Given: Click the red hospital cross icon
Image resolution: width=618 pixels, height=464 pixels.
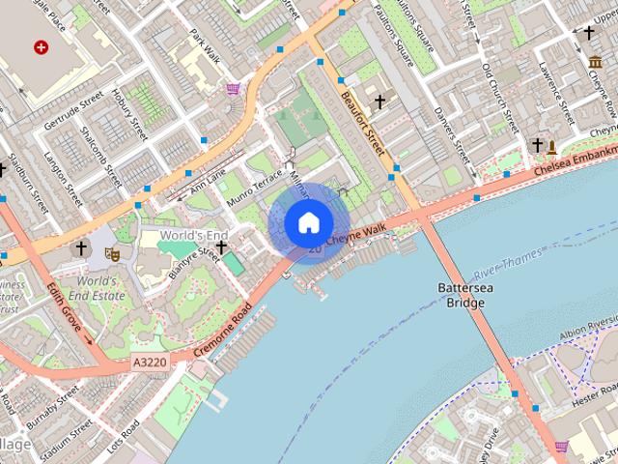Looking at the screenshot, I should (41, 46).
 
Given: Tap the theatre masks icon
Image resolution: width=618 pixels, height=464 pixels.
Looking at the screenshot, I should (113, 253).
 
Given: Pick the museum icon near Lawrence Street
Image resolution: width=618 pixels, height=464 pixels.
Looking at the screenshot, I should (595, 63).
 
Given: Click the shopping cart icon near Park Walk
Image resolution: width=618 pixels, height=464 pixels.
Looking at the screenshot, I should (233, 90).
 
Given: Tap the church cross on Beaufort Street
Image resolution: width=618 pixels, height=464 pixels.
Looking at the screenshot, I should (379, 101).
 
